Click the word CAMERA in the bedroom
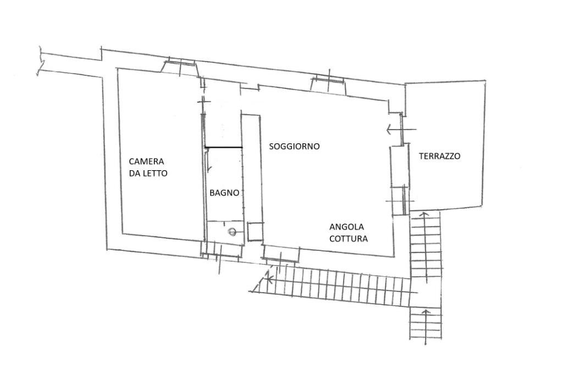coord(146,161)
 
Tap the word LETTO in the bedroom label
coord(156,173)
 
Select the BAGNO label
coord(224,193)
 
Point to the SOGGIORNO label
coord(294,147)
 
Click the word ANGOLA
coord(346,227)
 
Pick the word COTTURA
coord(349,239)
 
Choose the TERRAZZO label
coord(439,156)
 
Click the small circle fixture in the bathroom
coord(233,232)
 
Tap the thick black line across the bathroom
coord(223,147)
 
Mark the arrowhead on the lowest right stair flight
coord(425,313)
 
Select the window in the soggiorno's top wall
coord(328,83)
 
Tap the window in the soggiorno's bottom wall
coord(280,253)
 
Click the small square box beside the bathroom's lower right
coord(255,232)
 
